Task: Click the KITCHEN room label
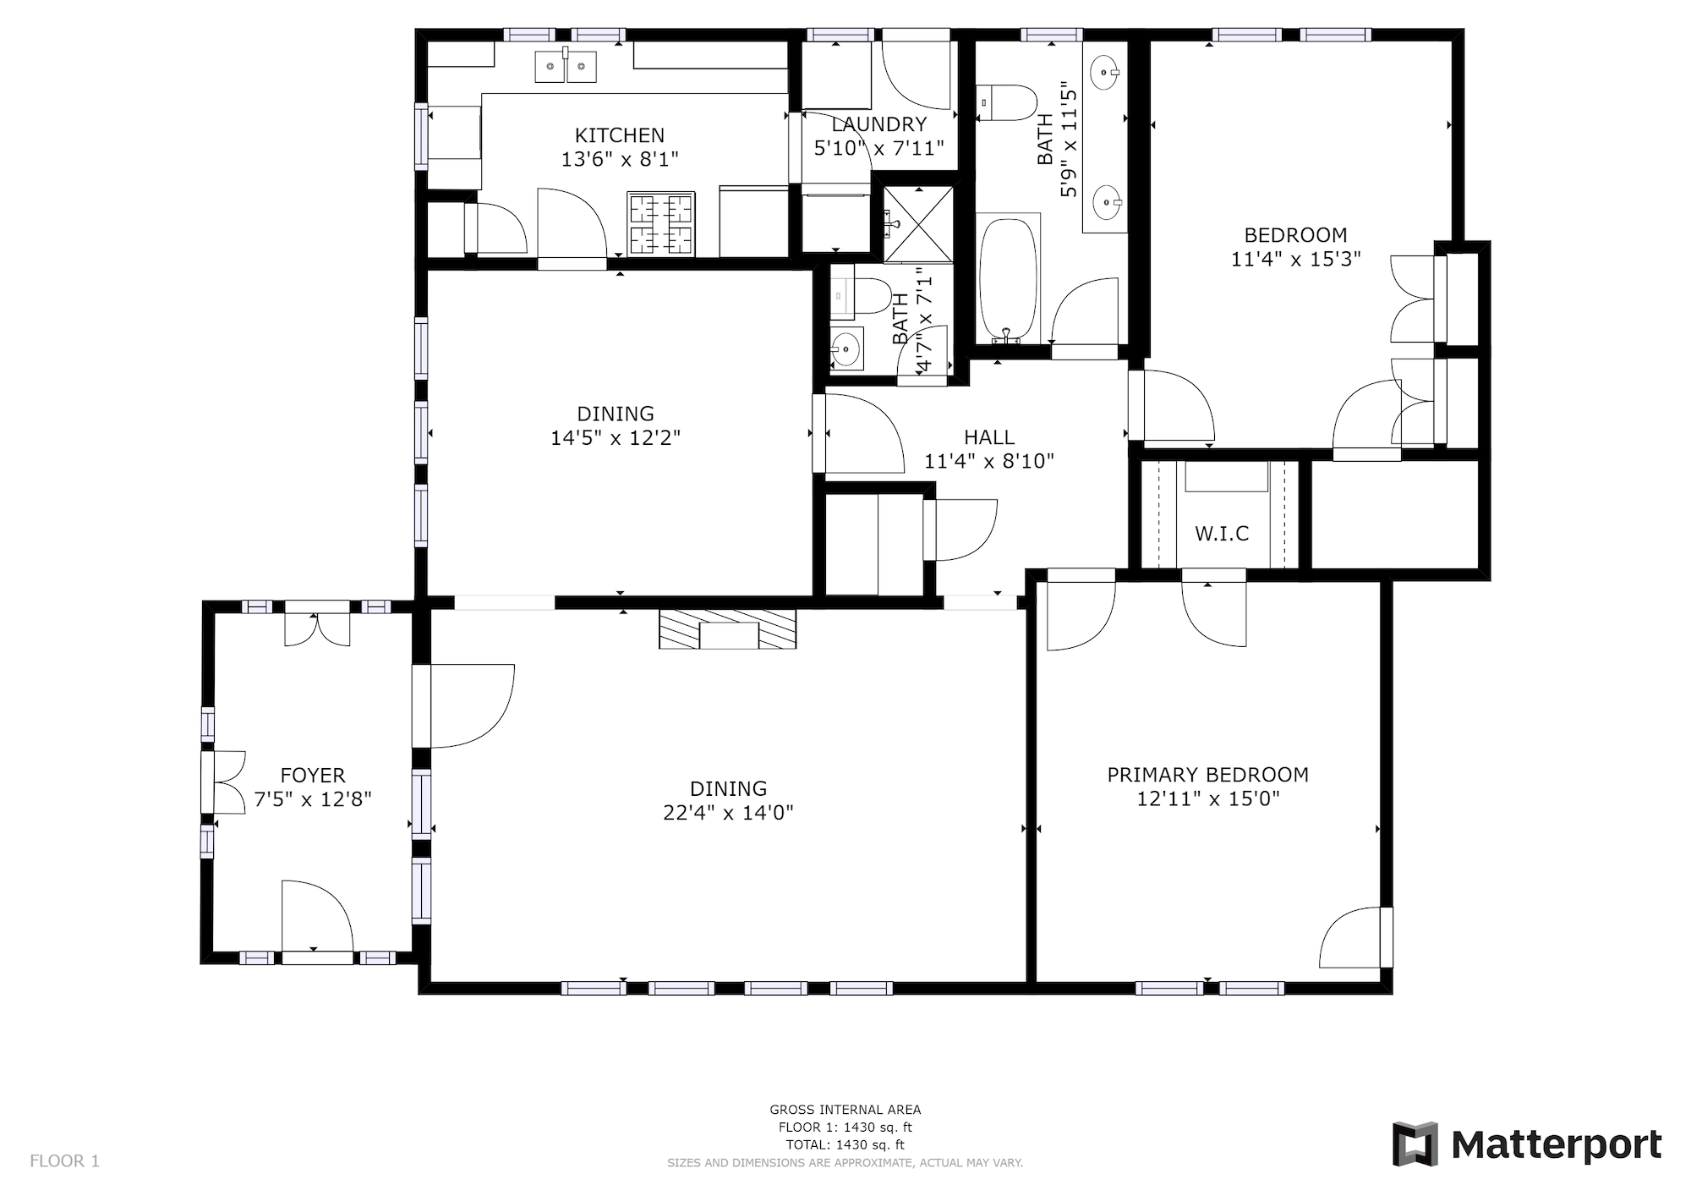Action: tap(620, 135)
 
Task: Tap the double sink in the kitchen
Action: tap(566, 66)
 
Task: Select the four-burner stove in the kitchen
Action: tap(660, 224)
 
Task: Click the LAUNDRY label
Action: tap(879, 124)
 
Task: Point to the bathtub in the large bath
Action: tap(1008, 278)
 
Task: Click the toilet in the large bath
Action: tap(1006, 102)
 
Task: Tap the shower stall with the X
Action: tap(918, 224)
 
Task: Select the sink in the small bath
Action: tap(845, 348)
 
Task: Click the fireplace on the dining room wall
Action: tap(727, 628)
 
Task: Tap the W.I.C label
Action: tap(1222, 534)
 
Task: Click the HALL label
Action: tap(989, 437)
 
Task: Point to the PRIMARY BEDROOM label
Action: tap(1208, 775)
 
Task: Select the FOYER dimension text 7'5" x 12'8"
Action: tap(313, 799)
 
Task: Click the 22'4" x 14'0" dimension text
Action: tap(728, 813)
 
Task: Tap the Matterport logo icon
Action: tap(1415, 1144)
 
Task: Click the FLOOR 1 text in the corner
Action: tap(64, 1161)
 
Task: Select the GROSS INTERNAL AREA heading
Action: tap(845, 1110)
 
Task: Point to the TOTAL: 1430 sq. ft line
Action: tap(845, 1145)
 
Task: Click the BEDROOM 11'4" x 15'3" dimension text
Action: tap(1295, 259)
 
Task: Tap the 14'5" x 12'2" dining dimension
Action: tap(616, 438)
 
